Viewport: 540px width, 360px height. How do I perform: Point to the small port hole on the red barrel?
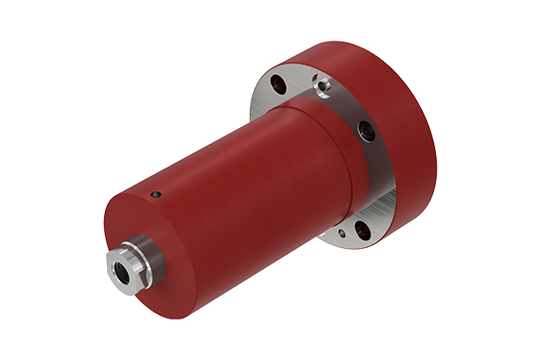(156, 194)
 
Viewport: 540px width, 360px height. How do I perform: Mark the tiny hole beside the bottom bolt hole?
(341, 236)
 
